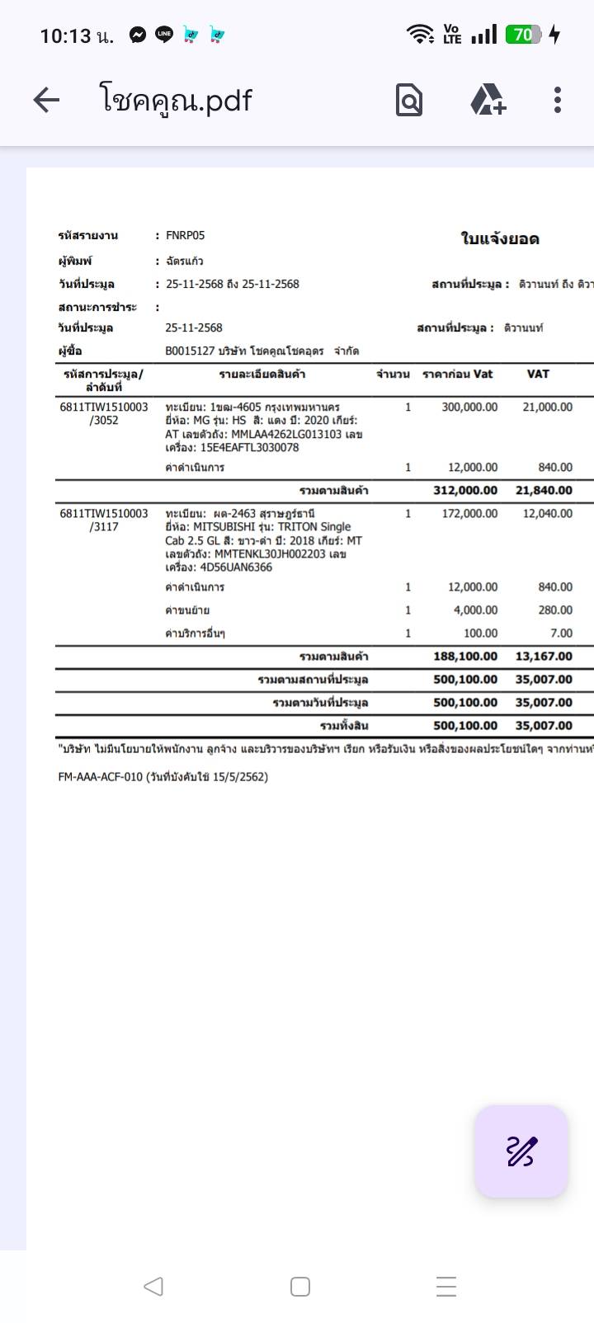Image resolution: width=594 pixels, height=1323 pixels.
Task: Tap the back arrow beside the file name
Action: pos(47,101)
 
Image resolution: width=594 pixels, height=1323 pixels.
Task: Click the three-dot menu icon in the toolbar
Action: pos(558,100)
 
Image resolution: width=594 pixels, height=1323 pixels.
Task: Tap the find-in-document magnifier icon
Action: pos(409,101)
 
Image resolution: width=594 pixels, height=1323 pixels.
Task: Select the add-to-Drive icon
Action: pos(488,101)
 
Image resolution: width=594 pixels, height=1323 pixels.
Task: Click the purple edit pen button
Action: pos(521,1151)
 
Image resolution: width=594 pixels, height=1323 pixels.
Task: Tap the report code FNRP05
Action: pos(185,236)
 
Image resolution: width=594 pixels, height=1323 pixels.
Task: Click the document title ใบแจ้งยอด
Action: pos(499,239)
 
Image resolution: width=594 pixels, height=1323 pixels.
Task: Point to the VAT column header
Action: pos(538,374)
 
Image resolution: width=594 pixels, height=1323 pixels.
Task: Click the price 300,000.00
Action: pos(469,407)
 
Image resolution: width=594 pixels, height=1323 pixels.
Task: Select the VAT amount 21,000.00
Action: pos(547,407)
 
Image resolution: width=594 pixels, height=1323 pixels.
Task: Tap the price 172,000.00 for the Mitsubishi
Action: pos(469,514)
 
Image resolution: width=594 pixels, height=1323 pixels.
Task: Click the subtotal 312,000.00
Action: pos(465,491)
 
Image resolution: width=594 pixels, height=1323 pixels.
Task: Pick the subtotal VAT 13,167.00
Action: pos(544,657)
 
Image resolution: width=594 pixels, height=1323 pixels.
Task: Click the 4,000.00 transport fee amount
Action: pos(474,610)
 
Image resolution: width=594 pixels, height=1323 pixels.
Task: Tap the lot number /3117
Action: pos(104,527)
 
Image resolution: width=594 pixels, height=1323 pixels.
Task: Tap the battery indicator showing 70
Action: pos(524,35)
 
